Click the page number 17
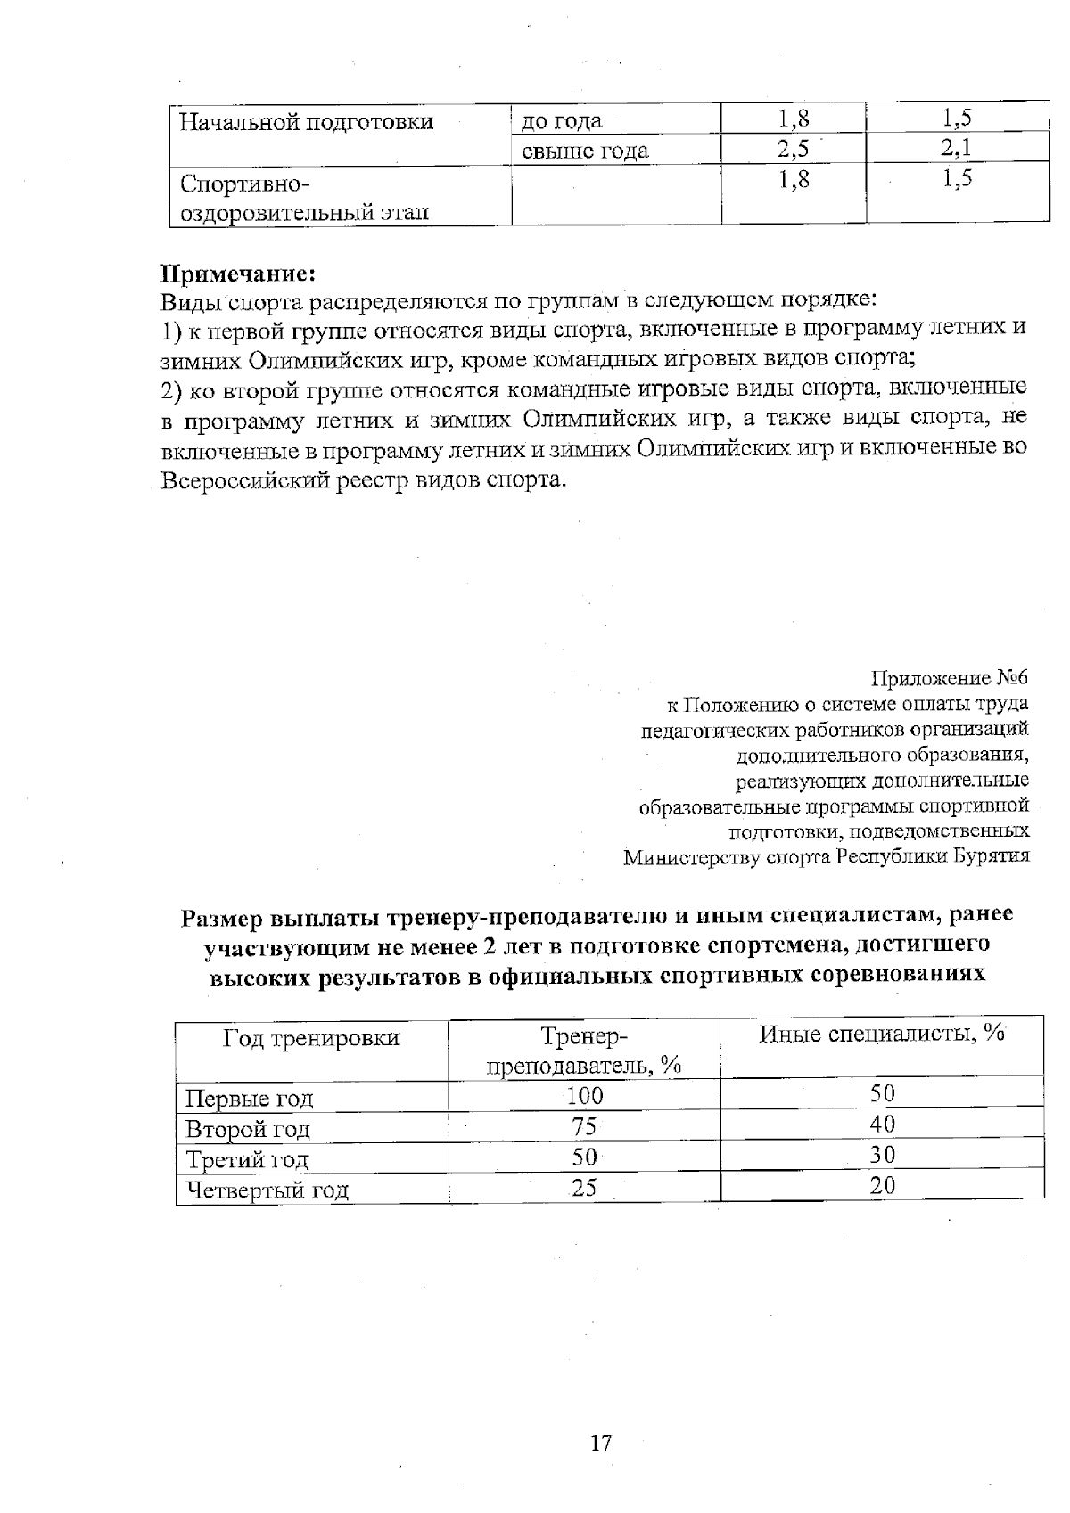pyautogui.click(x=601, y=1442)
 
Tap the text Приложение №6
pyautogui.click(x=949, y=678)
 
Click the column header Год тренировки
pyautogui.click(x=311, y=1037)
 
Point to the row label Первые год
pyautogui.click(x=249, y=1098)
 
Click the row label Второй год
pyautogui.click(x=247, y=1129)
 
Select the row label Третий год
pyautogui.click(x=246, y=1159)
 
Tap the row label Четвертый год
pyautogui.click(x=266, y=1190)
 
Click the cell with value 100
pyautogui.click(x=584, y=1096)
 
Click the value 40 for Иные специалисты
pyautogui.click(x=882, y=1124)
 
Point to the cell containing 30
pyautogui.click(x=882, y=1155)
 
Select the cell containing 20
pyautogui.click(x=882, y=1185)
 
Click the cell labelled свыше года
pyautogui.click(x=584, y=151)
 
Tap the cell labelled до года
pyautogui.click(x=561, y=120)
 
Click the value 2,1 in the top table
pyautogui.click(x=955, y=148)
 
